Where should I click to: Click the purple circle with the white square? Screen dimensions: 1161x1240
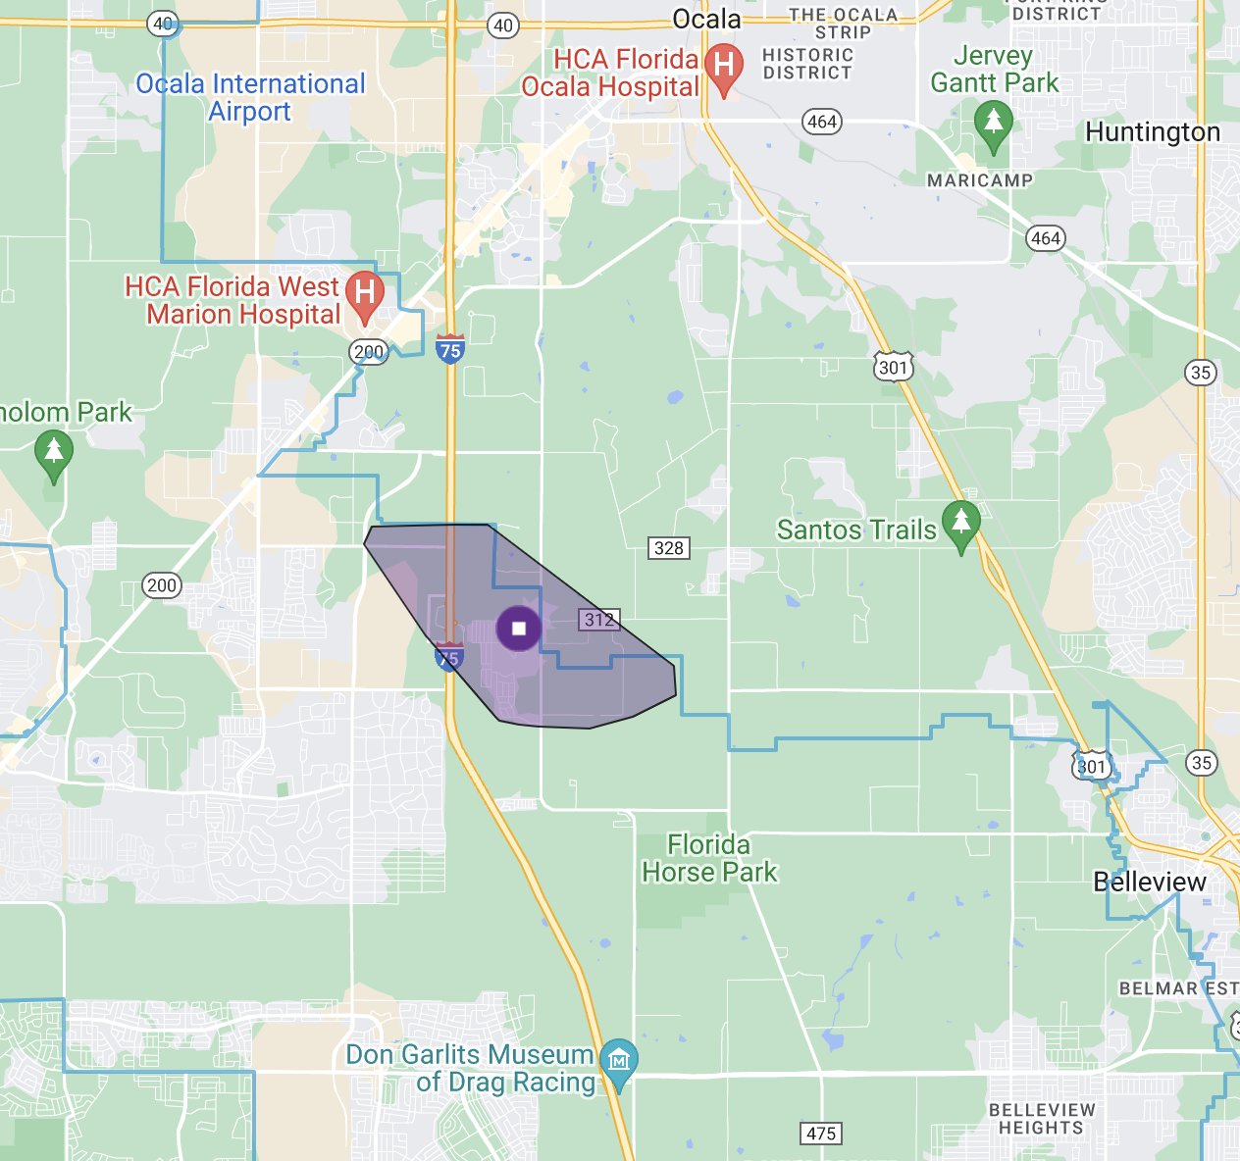pyautogui.click(x=519, y=629)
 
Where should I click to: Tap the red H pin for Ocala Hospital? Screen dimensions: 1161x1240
pyautogui.click(x=724, y=68)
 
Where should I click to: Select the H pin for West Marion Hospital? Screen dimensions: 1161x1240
pyautogui.click(x=365, y=294)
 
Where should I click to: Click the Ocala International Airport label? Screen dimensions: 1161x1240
pyautogui.click(x=250, y=97)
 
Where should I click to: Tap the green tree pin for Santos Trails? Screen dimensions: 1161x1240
pyautogui.click(x=961, y=522)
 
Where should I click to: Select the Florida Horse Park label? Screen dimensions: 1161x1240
pyautogui.click(x=709, y=858)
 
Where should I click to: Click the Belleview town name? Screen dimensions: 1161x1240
pyautogui.click(x=1150, y=882)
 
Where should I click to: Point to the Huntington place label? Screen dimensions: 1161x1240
pyautogui.click(x=1153, y=132)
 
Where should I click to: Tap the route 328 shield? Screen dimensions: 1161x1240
pyautogui.click(x=669, y=548)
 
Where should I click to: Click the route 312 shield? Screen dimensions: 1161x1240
pyautogui.click(x=598, y=620)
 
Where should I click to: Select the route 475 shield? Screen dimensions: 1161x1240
pyautogui.click(x=821, y=1134)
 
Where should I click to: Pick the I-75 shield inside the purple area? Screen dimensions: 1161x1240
pyautogui.click(x=448, y=658)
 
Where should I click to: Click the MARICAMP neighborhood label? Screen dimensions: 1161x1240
pyautogui.click(x=980, y=180)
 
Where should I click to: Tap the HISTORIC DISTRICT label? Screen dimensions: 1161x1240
pyautogui.click(x=808, y=64)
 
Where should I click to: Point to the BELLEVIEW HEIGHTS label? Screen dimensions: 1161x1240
pyautogui.click(x=1042, y=1119)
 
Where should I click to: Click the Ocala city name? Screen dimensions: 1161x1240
pyautogui.click(x=706, y=19)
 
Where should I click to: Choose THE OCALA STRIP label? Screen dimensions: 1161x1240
pyautogui.click(x=844, y=23)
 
